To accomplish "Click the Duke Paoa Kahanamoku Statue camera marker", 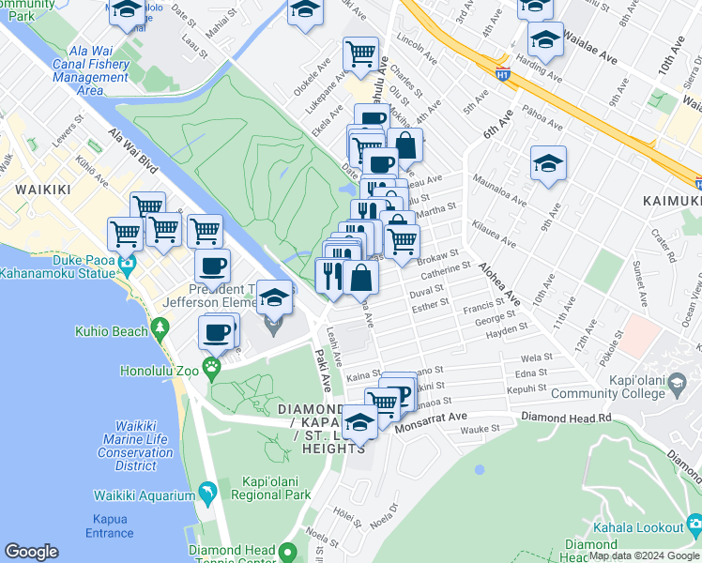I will (x=128, y=271).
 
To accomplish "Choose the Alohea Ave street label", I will (x=499, y=281).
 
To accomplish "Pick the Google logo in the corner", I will (x=32, y=552).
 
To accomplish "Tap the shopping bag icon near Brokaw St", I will (x=360, y=277).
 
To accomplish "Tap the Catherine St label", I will (x=445, y=272).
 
